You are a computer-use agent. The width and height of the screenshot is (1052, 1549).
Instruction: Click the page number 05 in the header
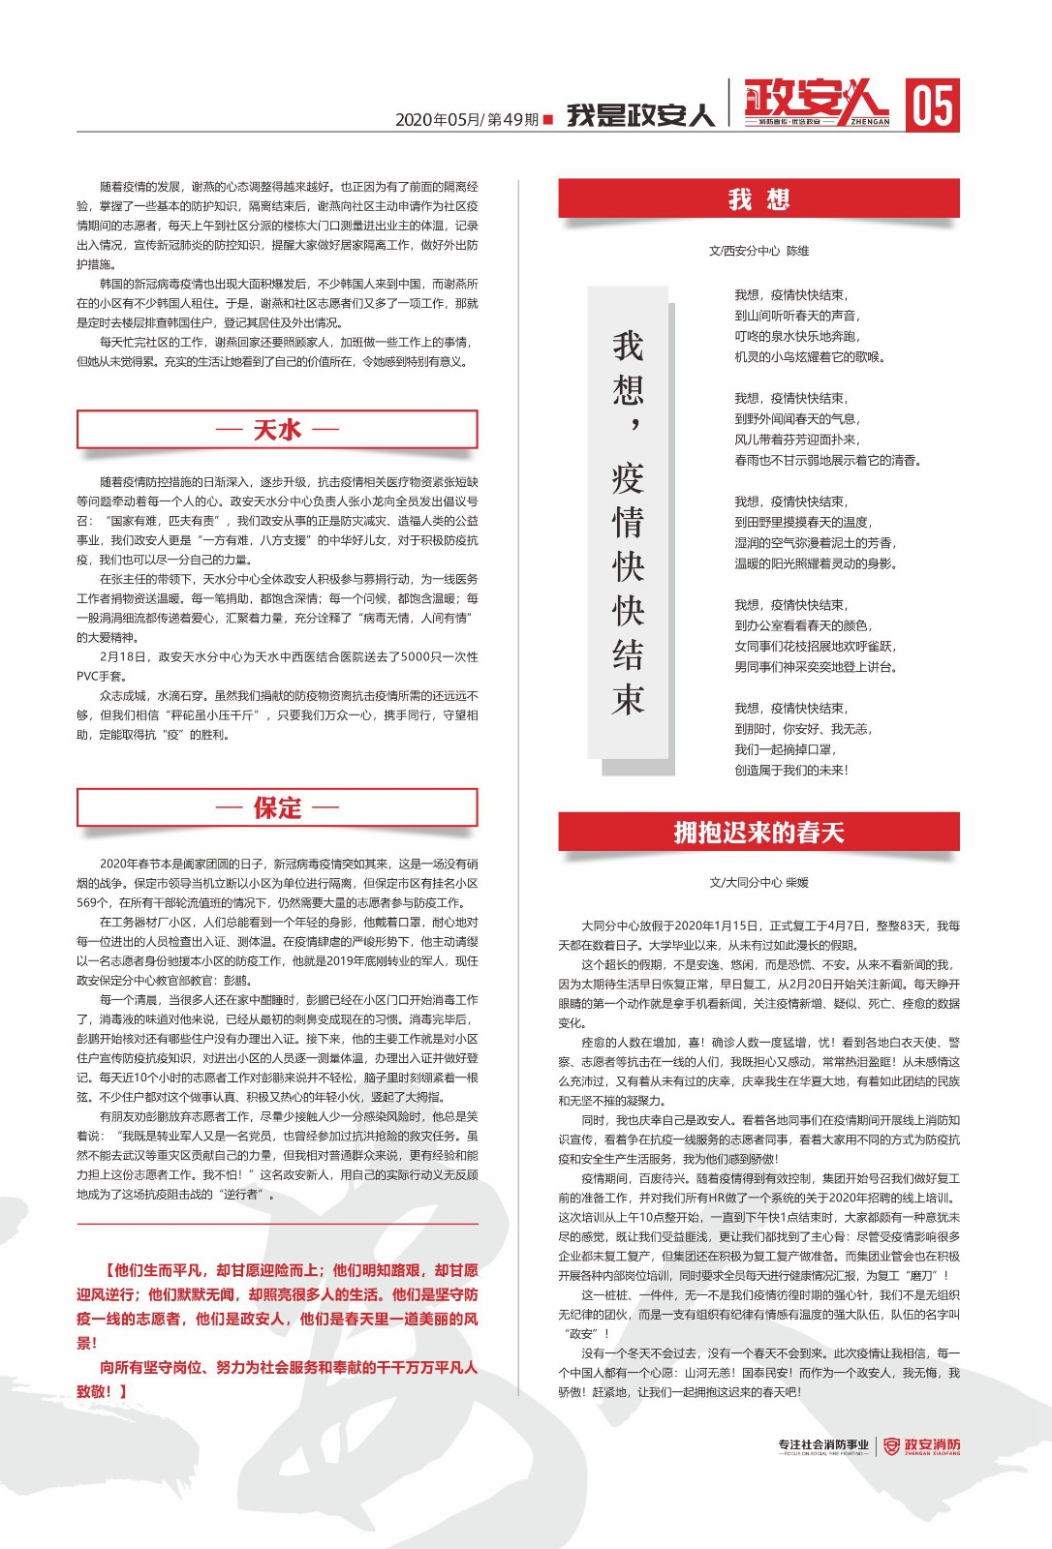tap(933, 105)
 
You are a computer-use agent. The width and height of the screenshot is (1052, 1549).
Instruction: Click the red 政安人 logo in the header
tap(816, 103)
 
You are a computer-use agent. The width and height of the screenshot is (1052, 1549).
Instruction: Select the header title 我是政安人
tap(640, 115)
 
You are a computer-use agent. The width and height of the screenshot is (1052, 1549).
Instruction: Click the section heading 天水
tap(277, 429)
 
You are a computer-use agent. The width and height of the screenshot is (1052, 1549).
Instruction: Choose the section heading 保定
tap(277, 807)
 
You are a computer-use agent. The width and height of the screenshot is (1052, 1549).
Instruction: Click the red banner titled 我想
tap(758, 199)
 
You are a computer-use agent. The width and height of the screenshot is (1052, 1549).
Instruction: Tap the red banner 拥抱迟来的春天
tap(758, 833)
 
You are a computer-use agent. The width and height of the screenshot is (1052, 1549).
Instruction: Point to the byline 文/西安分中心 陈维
tap(758, 251)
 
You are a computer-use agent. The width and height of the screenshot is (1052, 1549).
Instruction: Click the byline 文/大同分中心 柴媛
tap(758, 882)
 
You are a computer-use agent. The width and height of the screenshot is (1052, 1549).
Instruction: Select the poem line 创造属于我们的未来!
tap(790, 770)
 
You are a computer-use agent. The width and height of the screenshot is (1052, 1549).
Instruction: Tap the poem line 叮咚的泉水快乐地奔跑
tap(796, 336)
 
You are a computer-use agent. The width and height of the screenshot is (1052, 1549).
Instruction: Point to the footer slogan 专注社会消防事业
tap(822, 1445)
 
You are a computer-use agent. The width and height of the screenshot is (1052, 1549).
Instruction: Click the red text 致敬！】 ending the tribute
tap(103, 1391)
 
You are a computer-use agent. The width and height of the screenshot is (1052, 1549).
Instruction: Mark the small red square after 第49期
tap(548, 119)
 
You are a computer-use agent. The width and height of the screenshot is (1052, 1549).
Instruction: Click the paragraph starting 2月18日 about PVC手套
tap(277, 666)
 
